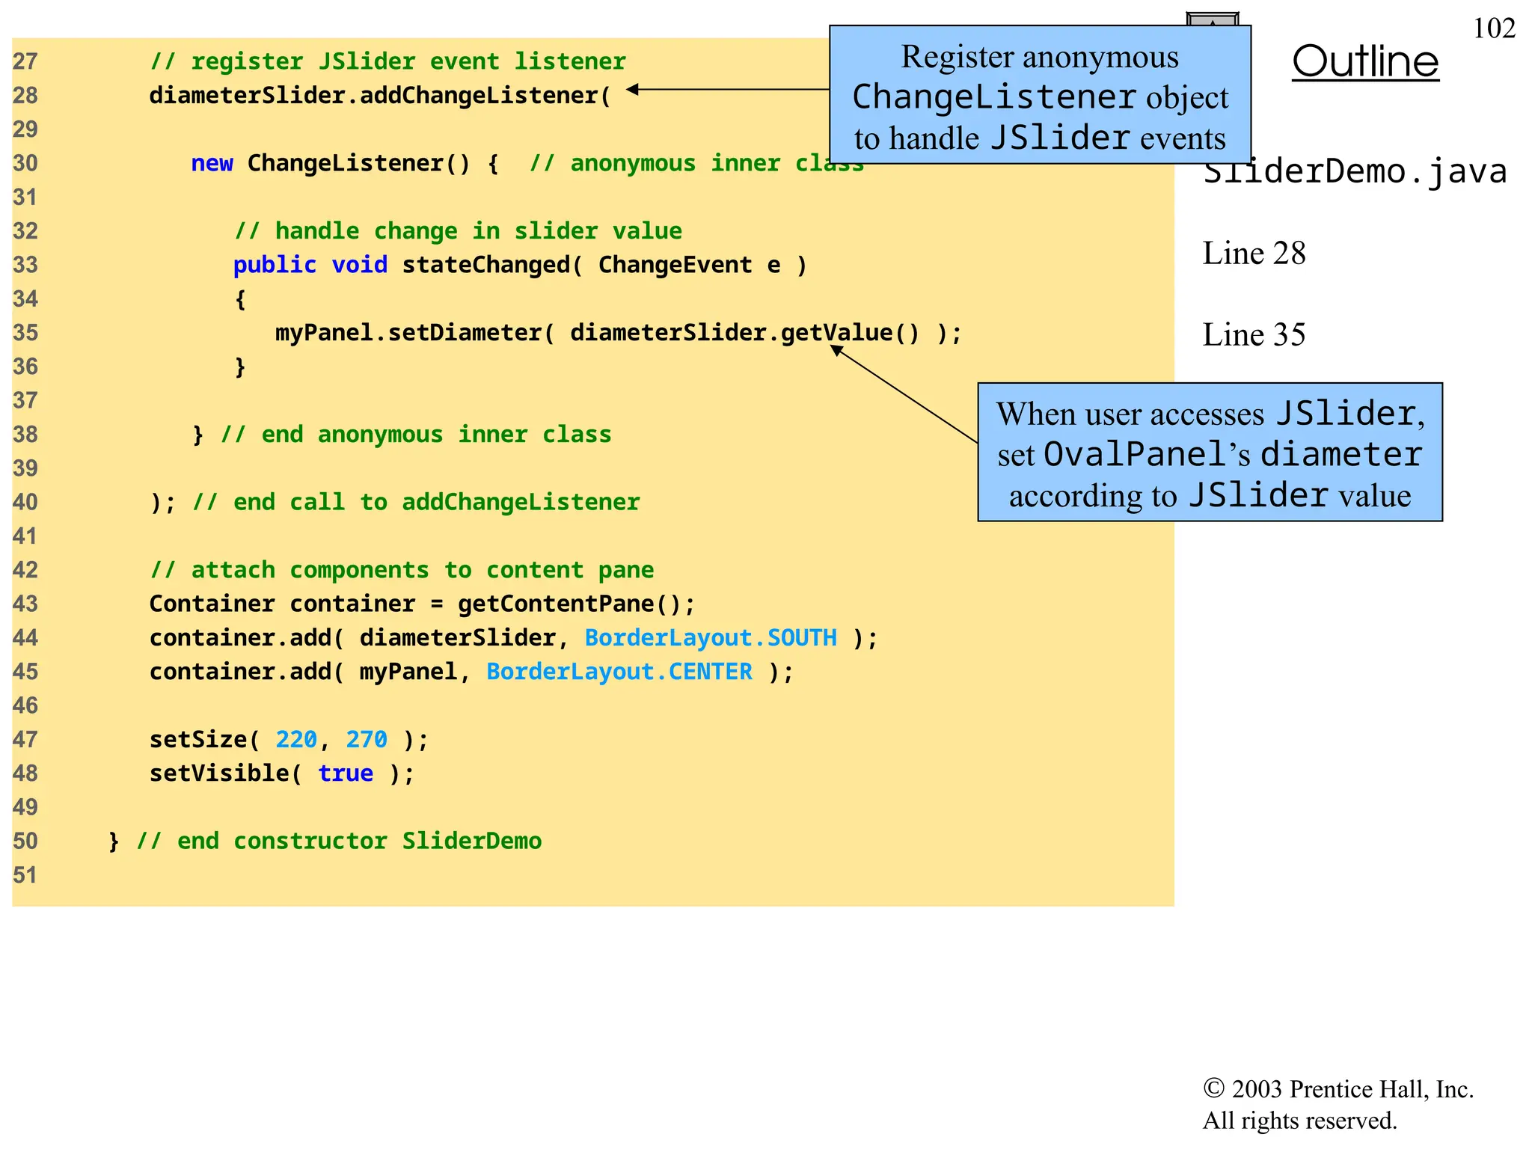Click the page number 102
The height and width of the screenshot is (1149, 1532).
[1493, 28]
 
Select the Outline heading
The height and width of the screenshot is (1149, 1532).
[1365, 61]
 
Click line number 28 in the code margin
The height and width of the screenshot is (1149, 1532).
[25, 96]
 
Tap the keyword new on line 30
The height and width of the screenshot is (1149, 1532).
[212, 163]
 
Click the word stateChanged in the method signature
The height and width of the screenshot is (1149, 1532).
[486, 265]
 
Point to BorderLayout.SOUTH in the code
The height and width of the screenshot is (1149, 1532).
[711, 637]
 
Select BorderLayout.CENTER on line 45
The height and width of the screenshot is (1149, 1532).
[619, 672]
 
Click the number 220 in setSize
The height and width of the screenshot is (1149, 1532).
[296, 739]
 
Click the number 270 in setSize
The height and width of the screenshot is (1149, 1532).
[367, 739]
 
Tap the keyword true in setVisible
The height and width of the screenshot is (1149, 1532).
[346, 773]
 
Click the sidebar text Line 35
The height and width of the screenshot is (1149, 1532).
[1254, 334]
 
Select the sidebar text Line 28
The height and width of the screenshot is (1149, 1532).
[1254, 253]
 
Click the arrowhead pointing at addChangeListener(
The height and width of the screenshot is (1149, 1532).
[633, 89]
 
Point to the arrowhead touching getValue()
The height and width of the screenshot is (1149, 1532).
[837, 349]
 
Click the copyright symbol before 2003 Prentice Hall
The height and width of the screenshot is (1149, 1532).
[1213, 1088]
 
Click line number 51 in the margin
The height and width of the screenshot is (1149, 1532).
[25, 874]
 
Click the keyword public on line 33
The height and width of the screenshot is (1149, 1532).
[275, 265]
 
